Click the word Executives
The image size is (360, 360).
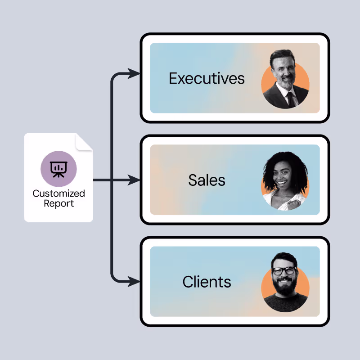tap(207, 78)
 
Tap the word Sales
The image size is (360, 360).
tap(207, 180)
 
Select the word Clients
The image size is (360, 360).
tap(207, 282)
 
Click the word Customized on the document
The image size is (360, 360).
tap(58, 193)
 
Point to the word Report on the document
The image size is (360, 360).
tap(58, 203)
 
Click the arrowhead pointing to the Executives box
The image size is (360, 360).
tap(134, 73)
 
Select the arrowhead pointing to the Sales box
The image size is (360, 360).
tap(134, 180)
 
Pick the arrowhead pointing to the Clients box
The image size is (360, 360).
tap(134, 282)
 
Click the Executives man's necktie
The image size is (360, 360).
tap(290, 99)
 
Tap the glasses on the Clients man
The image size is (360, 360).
tap(284, 271)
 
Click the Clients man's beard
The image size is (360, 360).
tap(284, 287)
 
